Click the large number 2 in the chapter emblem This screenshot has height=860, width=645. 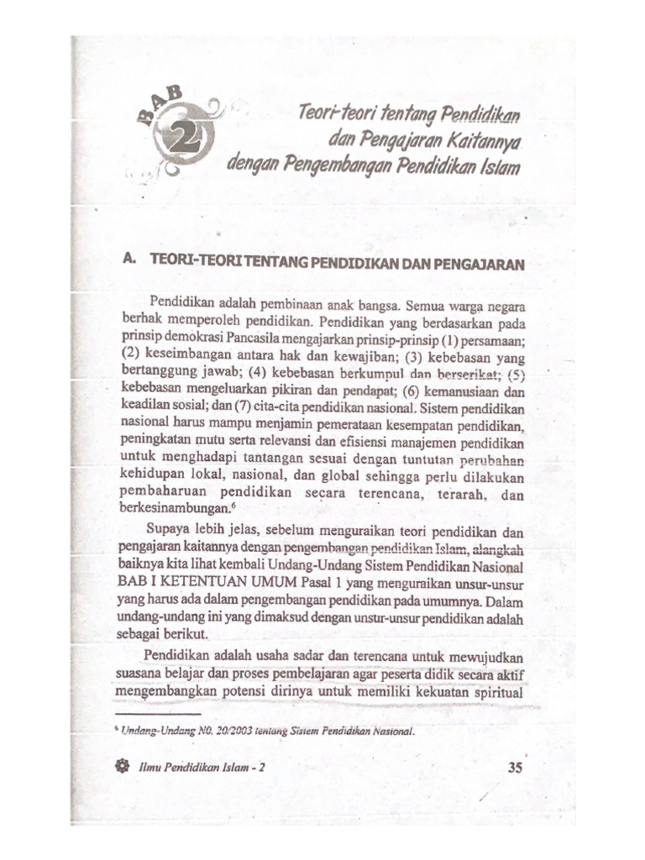click(178, 136)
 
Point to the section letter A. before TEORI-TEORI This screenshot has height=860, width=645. click(129, 261)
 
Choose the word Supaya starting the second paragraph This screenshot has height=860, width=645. click(169, 531)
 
